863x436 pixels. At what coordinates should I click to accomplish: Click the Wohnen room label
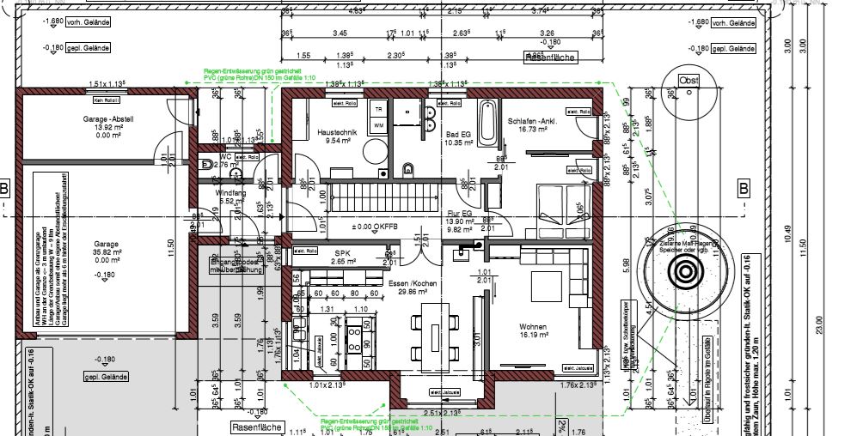coord(533,327)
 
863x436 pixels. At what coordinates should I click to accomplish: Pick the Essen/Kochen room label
coord(413,283)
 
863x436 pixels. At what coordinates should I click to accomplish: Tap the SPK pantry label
coord(343,252)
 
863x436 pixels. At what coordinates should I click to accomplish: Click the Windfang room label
coord(230,193)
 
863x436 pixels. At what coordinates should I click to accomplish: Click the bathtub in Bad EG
coord(487,122)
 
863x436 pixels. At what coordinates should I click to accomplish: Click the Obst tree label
coord(689,81)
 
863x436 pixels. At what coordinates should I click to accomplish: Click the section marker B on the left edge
coord(5,188)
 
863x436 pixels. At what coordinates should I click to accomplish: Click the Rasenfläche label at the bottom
coord(255,427)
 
